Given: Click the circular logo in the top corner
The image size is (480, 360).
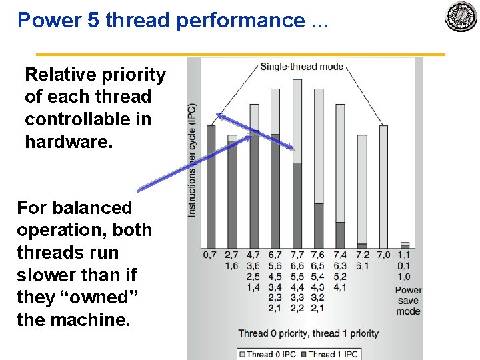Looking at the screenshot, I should pos(461,18).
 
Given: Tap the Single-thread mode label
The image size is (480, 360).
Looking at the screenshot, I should pos(301,66).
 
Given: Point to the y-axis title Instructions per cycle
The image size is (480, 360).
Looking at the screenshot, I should pos(192,160).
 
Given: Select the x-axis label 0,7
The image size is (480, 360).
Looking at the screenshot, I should pos(210,255).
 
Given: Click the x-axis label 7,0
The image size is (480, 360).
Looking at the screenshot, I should pos(383,255).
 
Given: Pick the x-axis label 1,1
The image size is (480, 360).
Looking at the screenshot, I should pos(404,255).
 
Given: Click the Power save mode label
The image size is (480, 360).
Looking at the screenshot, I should pos(407,301).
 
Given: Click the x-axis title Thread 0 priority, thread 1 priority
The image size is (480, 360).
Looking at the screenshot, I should pos(308,333).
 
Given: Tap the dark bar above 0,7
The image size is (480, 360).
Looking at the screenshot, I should pos(211,187).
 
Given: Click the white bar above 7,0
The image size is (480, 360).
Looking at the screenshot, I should pos(383,187).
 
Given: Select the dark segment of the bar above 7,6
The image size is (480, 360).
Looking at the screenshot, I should pos(319,226).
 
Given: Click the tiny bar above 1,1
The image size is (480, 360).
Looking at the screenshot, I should pos(405,245).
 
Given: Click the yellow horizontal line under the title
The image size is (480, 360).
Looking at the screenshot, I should pos(240,54).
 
